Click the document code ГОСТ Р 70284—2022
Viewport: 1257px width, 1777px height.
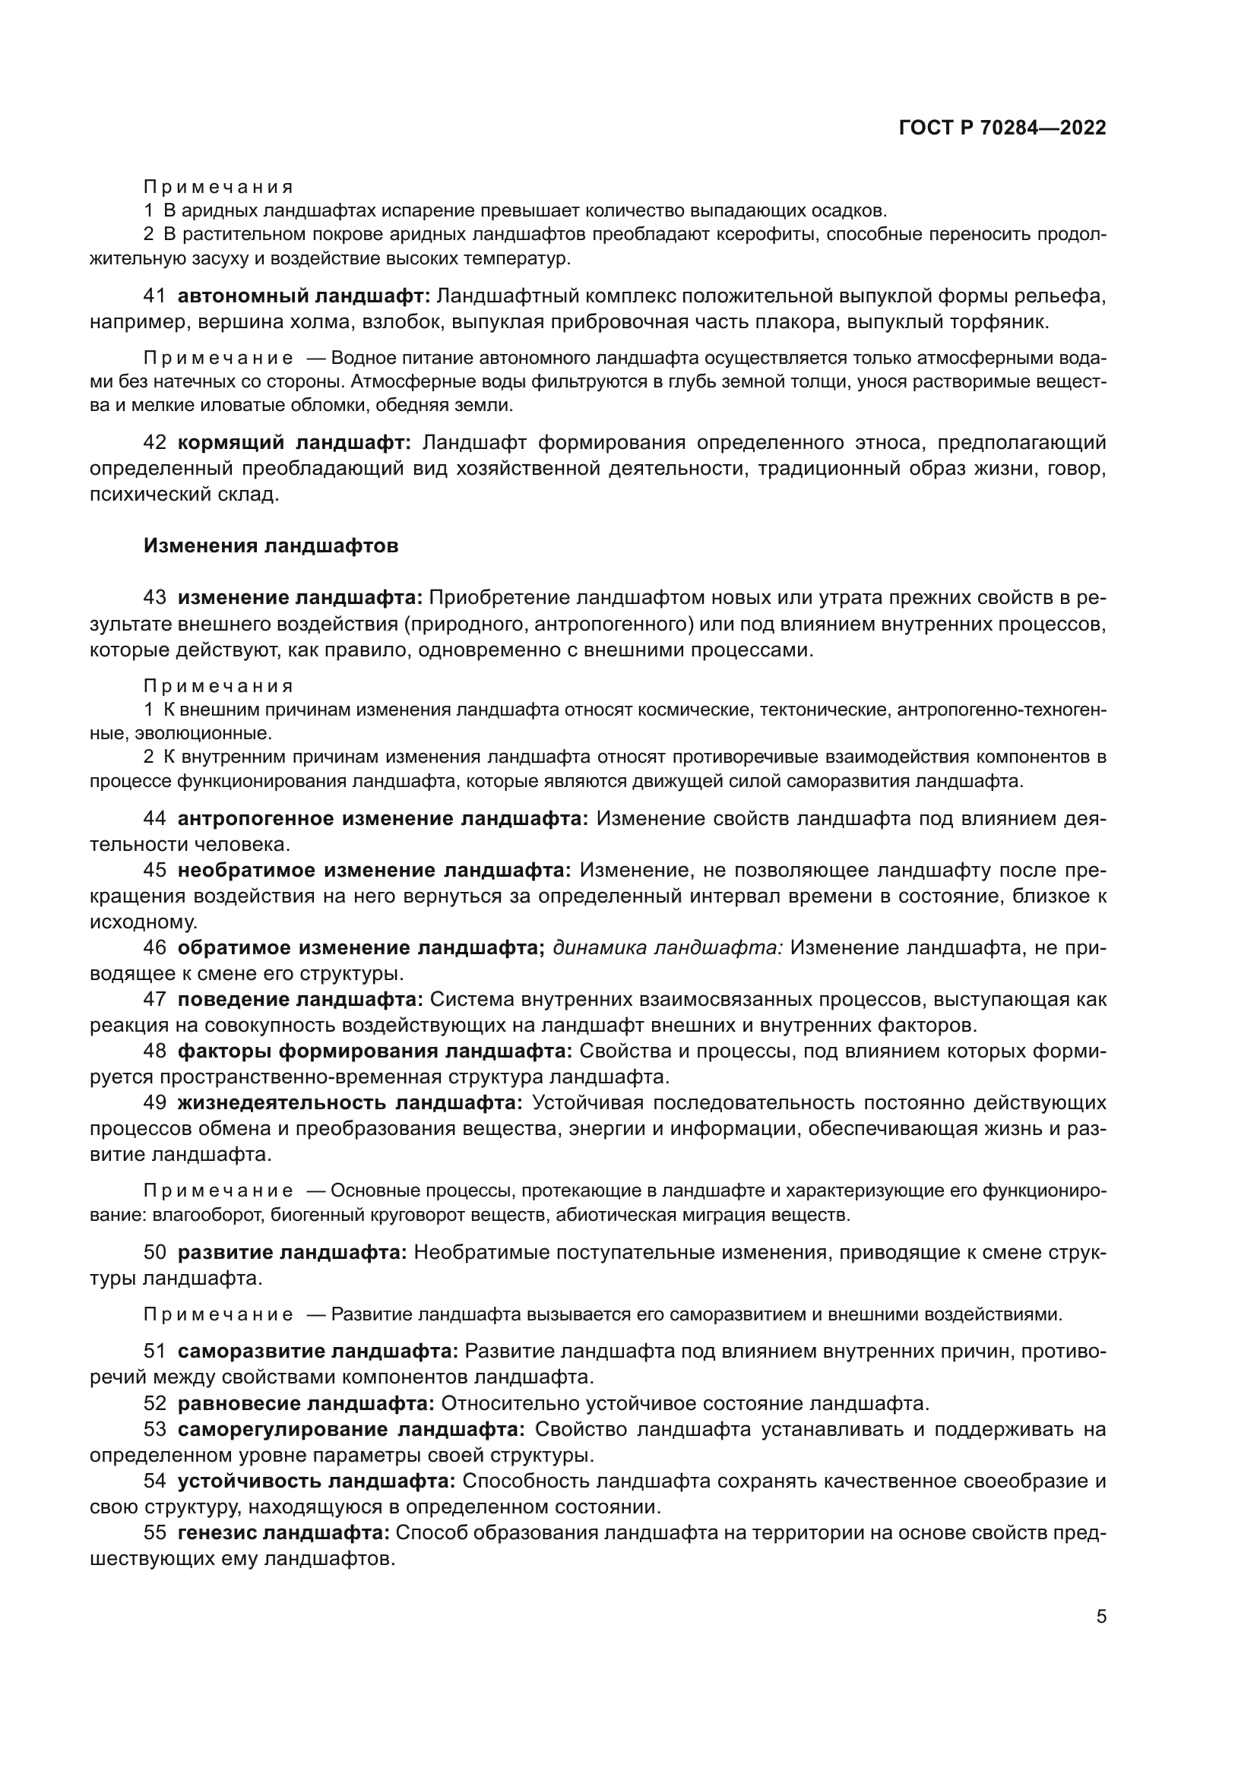[1002, 128]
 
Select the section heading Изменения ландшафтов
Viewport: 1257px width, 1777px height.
[271, 545]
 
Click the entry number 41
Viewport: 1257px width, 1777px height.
[155, 296]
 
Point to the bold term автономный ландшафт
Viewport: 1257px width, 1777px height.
[303, 296]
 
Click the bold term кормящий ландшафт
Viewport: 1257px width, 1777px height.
[294, 443]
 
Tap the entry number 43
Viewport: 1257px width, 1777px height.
[155, 597]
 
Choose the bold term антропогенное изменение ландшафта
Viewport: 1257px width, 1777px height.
[383, 819]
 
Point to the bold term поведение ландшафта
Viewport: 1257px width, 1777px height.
[300, 999]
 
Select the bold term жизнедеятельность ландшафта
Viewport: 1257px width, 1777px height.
[350, 1102]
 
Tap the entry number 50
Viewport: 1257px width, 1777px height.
[155, 1252]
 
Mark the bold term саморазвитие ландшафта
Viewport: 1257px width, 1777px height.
[318, 1352]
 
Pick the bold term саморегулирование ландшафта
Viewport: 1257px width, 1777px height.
[351, 1429]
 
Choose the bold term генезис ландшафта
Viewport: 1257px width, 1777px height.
[287, 1532]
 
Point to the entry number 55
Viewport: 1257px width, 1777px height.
[155, 1532]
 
